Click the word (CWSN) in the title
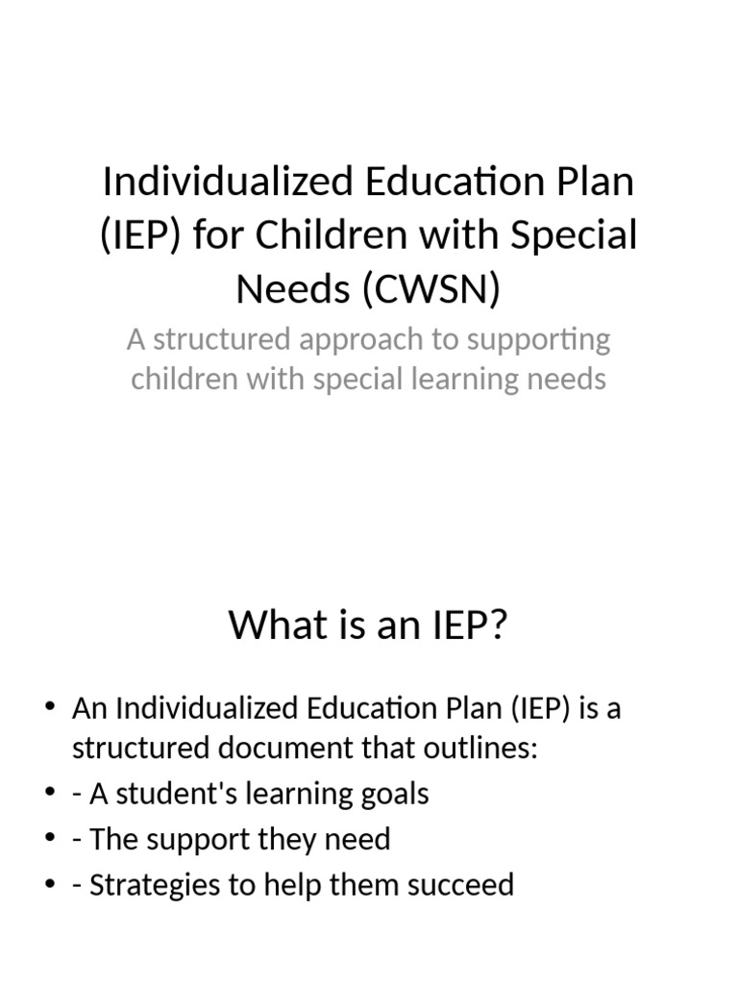click(432, 288)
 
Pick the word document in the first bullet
click(265, 749)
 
